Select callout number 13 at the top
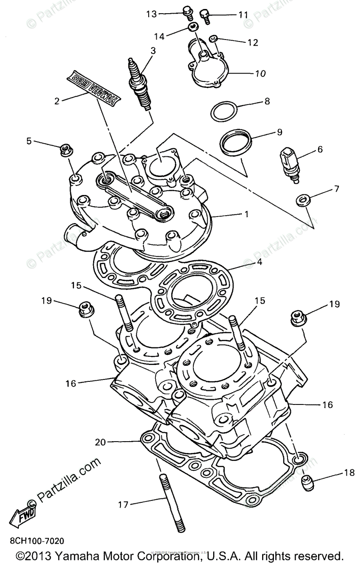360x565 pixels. pos(151,14)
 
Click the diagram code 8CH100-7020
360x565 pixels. pos(36,541)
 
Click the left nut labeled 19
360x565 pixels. pos(85,309)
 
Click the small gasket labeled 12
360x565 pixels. pos(213,39)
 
